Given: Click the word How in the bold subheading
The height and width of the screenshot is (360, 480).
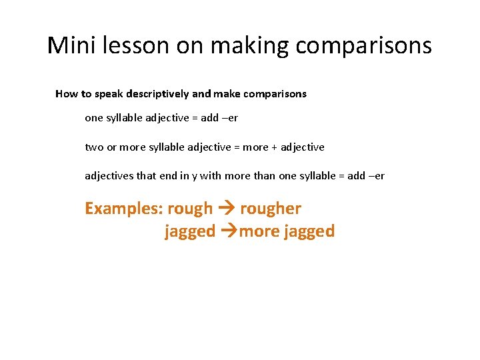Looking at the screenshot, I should (66, 94).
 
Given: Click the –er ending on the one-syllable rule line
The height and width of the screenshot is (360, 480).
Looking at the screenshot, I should (229, 118).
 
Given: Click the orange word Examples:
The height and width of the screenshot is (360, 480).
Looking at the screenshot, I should (123, 209).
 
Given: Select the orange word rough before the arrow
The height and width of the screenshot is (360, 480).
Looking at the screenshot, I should (190, 209).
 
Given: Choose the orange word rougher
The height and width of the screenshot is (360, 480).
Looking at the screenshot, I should (271, 209).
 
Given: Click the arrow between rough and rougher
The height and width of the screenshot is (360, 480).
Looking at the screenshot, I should (226, 209).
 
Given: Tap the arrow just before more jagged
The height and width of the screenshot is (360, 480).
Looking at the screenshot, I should (229, 231).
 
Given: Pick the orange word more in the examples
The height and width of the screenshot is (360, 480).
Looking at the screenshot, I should (259, 231).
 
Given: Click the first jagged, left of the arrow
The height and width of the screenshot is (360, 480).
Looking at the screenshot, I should (190, 231).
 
